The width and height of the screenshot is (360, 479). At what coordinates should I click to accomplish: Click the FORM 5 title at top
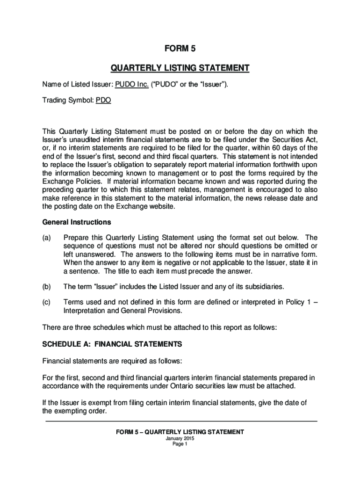(x=180, y=48)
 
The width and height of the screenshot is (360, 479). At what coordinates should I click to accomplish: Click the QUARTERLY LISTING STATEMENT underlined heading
(x=180, y=69)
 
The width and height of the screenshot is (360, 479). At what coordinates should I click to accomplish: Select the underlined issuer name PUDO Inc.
(x=129, y=85)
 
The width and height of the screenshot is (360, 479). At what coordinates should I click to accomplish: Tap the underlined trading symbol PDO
(x=103, y=100)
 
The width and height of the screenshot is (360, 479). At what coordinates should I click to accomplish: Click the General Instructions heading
(x=77, y=222)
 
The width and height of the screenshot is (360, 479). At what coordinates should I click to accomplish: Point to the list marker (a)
(x=47, y=237)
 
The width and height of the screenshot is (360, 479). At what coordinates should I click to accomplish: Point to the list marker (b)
(x=47, y=286)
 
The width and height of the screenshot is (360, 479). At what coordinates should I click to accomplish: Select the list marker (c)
(x=47, y=302)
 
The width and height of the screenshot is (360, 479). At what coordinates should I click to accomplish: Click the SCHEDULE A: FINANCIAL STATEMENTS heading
(x=112, y=344)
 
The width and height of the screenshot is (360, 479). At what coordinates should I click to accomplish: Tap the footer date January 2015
(x=180, y=438)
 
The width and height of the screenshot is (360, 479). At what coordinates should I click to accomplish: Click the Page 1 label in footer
(x=180, y=444)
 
